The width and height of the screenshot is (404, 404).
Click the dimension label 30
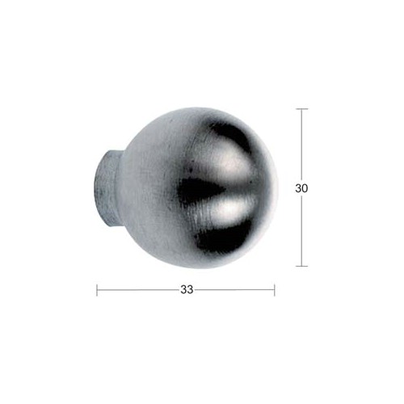[301, 188]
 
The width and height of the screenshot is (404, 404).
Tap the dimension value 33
[187, 289]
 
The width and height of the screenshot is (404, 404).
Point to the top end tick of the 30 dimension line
[301, 109]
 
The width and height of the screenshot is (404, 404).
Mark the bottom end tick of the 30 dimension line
[301, 266]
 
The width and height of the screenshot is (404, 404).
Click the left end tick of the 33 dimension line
[97, 290]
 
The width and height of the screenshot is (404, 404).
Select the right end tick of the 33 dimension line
[275, 290]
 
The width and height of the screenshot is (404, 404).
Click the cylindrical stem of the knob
[106, 187]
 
